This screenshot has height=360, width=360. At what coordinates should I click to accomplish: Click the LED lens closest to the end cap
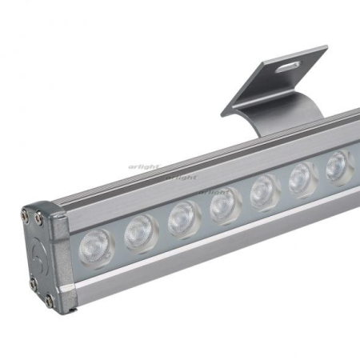tap(97, 243)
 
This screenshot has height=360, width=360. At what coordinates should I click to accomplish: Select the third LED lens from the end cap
tap(184, 218)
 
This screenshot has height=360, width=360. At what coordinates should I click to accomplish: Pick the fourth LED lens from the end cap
tap(226, 205)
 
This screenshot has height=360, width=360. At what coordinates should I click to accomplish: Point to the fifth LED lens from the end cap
tap(265, 191)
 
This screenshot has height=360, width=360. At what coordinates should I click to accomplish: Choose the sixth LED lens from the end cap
tap(303, 178)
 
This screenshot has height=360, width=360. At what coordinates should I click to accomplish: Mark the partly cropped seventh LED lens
tap(339, 166)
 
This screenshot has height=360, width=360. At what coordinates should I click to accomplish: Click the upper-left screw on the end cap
tap(26, 214)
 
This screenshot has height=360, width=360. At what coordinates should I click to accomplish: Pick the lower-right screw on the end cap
tap(49, 301)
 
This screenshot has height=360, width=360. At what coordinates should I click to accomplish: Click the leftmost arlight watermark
tap(144, 167)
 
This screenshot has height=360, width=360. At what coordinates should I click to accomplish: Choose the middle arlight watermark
tap(182, 176)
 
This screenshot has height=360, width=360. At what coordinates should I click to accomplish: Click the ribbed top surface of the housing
tap(200, 160)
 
